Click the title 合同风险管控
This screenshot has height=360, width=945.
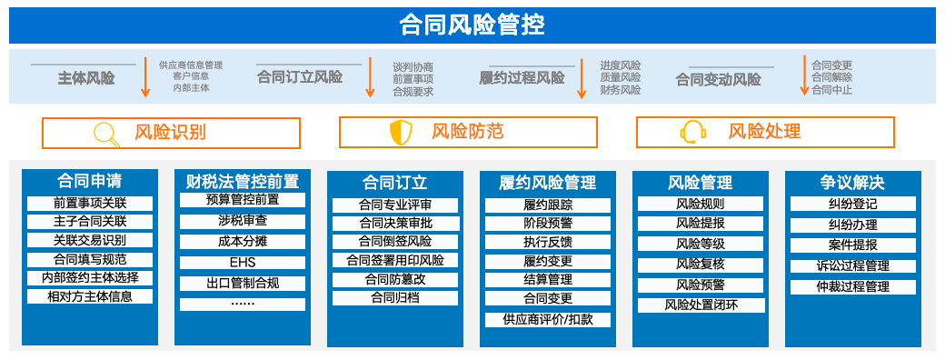(x=472, y=26)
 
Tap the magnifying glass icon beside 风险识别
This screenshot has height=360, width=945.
(x=106, y=134)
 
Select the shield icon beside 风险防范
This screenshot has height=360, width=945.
(x=401, y=133)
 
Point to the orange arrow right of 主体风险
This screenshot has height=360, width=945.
(x=145, y=76)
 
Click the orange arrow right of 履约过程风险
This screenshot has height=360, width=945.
(x=582, y=78)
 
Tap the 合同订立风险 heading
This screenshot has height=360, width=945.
(x=300, y=77)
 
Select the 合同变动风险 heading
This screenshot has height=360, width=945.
(x=719, y=80)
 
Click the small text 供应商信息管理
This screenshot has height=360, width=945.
(x=191, y=65)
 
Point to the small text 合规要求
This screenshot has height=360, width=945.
(x=413, y=92)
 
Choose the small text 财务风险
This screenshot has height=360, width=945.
(x=620, y=90)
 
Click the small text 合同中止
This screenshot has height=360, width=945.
(x=831, y=90)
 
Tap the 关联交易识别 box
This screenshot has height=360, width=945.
(x=90, y=241)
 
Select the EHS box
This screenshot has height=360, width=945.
(x=243, y=263)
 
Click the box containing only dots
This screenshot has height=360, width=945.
(x=243, y=304)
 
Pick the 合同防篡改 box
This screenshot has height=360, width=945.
(x=395, y=280)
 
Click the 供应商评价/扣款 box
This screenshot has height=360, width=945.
(x=548, y=320)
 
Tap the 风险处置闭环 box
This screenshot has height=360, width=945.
(x=701, y=305)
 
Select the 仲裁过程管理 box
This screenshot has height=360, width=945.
(x=853, y=287)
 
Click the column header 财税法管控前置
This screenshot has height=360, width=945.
(x=243, y=182)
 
